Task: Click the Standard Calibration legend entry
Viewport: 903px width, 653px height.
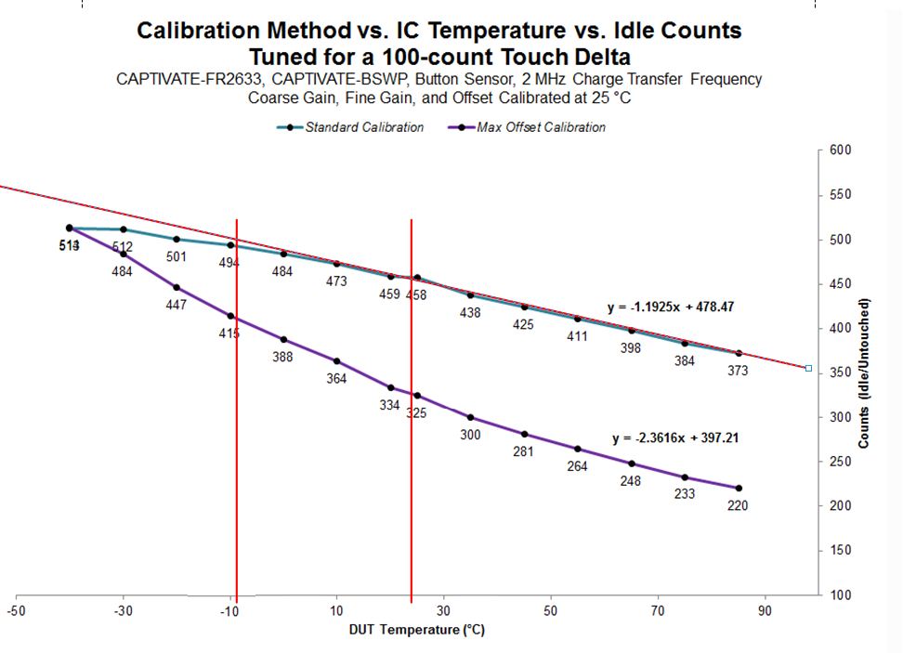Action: click(363, 127)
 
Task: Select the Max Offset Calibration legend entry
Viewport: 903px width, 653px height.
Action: click(540, 127)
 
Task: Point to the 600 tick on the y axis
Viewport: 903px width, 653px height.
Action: click(842, 150)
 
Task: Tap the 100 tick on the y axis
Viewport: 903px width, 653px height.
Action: click(842, 594)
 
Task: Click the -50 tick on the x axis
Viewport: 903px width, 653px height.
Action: click(16, 611)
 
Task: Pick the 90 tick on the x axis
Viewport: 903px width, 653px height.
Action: click(765, 611)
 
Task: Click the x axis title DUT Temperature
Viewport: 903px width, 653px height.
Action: click(417, 630)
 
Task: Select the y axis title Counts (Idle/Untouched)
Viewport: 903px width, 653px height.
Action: click(864, 373)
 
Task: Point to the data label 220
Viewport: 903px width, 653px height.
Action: click(738, 506)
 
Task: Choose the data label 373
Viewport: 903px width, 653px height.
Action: click(738, 371)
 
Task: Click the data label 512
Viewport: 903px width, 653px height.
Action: click(123, 247)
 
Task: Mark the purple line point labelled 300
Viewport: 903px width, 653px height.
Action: click(470, 417)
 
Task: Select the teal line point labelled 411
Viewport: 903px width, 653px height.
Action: click(577, 319)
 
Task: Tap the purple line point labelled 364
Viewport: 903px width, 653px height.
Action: click(336, 360)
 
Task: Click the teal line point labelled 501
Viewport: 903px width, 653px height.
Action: click(177, 239)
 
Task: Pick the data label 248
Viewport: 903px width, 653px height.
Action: click(631, 481)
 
